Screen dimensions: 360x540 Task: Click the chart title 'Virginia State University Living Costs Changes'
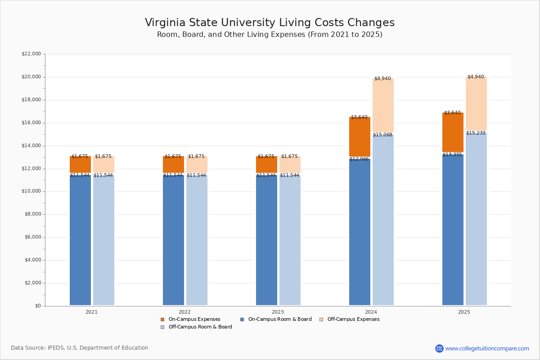[x=270, y=23]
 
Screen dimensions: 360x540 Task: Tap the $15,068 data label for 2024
[x=382, y=135]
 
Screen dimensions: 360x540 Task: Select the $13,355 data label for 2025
[x=452, y=155]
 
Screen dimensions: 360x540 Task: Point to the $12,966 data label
[x=359, y=159]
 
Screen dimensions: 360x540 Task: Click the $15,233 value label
[x=476, y=133]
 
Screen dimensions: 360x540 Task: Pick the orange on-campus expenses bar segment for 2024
[x=360, y=137]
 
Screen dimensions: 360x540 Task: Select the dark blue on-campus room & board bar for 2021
[x=80, y=241]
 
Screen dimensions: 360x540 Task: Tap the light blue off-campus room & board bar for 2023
[x=290, y=241]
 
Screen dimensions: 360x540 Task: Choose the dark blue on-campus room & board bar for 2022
[x=173, y=241]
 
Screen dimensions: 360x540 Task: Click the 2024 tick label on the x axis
[x=371, y=312]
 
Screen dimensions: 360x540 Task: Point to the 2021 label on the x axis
[x=91, y=312]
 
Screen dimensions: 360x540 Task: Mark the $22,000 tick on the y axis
[x=31, y=54]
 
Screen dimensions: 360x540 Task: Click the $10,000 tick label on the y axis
[x=31, y=191]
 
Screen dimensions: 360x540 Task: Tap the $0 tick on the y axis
[x=37, y=306]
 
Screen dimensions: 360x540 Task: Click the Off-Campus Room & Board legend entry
[x=200, y=327]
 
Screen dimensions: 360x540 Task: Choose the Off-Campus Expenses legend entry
[x=353, y=319]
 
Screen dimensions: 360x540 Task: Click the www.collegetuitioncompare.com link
[x=487, y=348]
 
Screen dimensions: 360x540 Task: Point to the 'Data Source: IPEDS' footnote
[x=80, y=348]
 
